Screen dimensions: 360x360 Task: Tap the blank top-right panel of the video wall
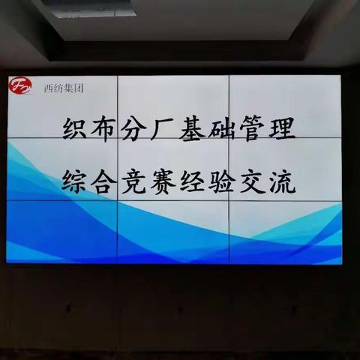(x=285, y=94)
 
